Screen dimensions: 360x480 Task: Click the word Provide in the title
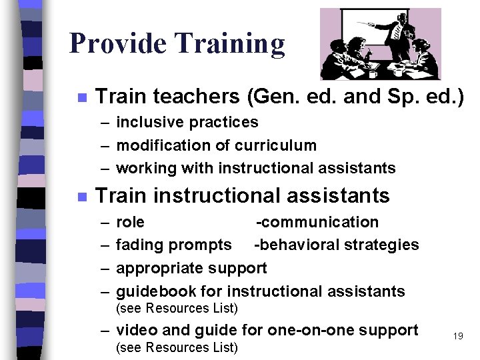[117, 44]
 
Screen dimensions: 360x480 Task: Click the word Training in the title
[229, 44]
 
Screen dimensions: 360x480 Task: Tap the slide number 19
[457, 336]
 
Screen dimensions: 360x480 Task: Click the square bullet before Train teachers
[81, 97]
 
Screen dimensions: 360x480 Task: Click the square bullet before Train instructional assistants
[81, 197]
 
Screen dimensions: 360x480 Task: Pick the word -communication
[317, 222]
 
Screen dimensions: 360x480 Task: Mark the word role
[130, 222]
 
